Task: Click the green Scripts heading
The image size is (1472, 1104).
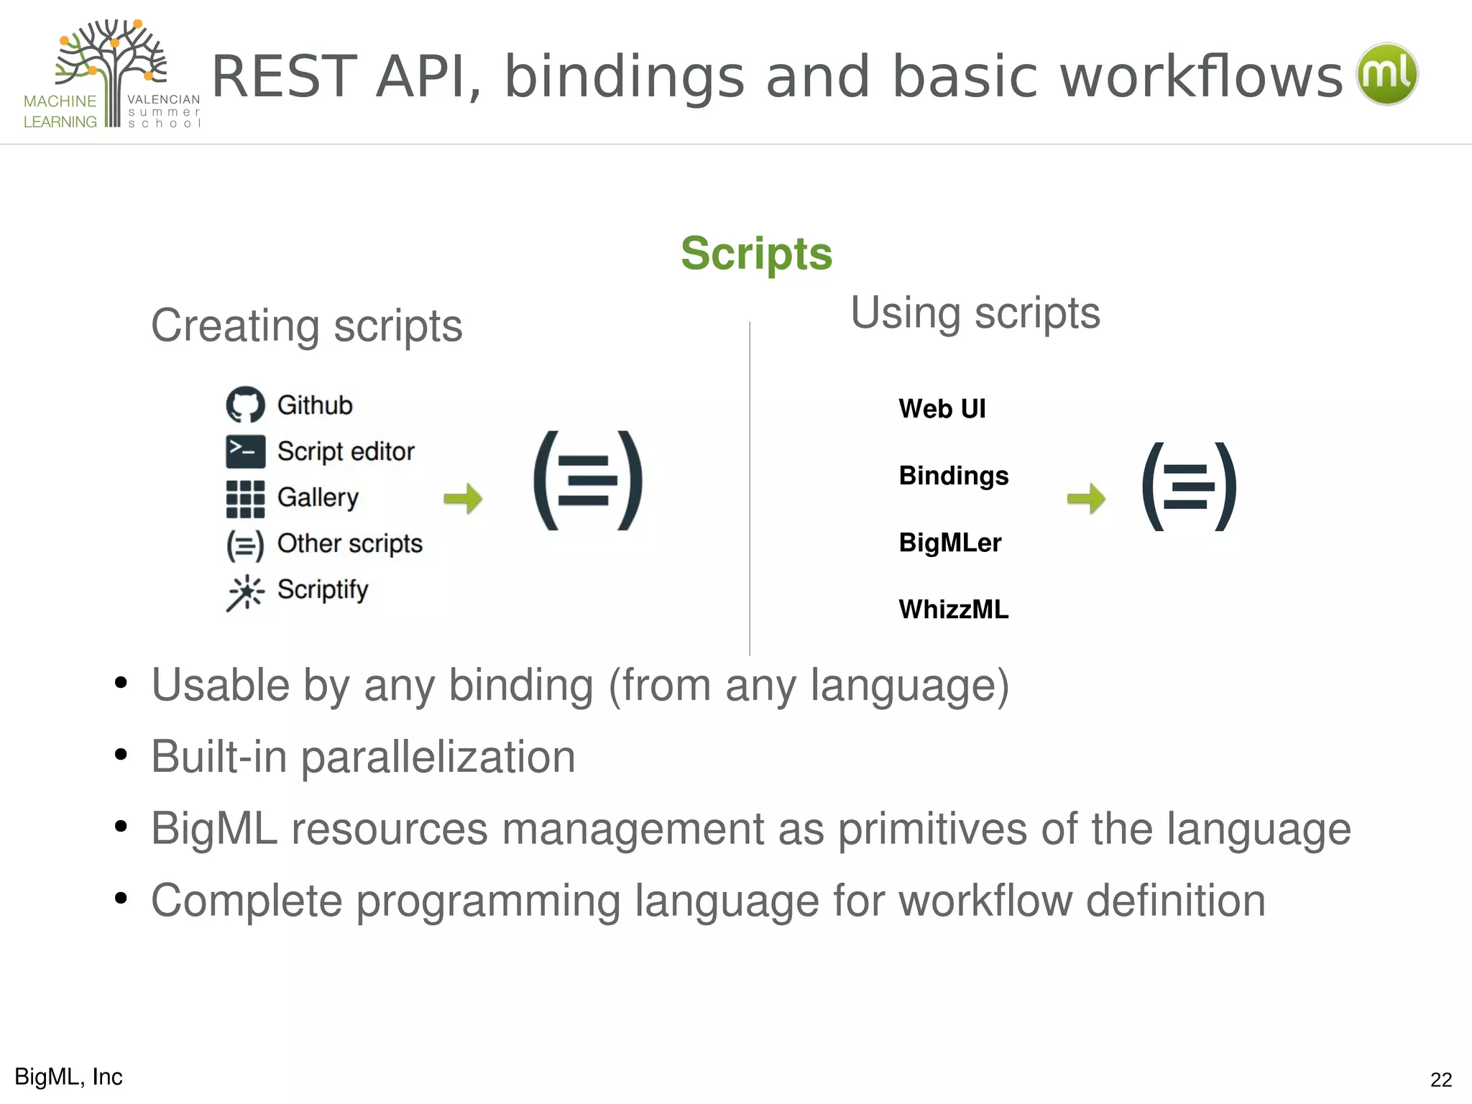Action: [x=756, y=254]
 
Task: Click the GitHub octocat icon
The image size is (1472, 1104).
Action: [x=245, y=405]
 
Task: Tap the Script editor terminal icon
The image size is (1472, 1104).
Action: [x=245, y=451]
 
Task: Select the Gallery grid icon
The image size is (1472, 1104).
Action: [x=245, y=499]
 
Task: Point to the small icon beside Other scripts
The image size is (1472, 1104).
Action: [x=245, y=546]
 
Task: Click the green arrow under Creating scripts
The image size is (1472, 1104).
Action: [x=463, y=498]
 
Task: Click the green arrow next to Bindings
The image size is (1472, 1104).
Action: [x=1086, y=498]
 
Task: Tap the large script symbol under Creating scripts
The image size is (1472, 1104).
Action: [x=588, y=481]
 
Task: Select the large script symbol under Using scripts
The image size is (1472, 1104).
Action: [x=1190, y=487]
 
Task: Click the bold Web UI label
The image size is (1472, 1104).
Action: [x=942, y=409]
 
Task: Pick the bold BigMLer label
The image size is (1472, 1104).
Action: [x=949, y=543]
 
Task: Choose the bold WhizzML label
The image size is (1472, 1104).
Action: [x=953, y=609]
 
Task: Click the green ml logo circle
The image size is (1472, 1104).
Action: [x=1386, y=74]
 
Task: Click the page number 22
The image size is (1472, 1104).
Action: [x=1440, y=1080]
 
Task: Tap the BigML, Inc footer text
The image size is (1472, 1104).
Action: [x=68, y=1077]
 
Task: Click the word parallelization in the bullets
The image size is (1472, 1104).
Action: [x=438, y=758]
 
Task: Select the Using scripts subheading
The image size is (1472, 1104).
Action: [x=975, y=313]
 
